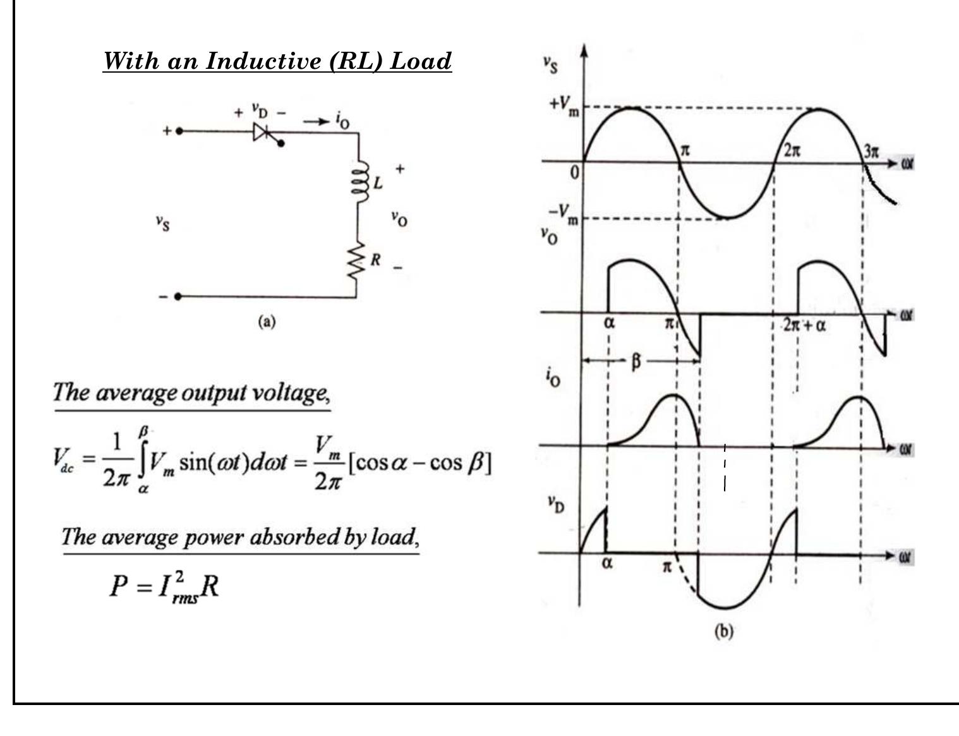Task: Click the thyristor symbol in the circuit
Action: [x=262, y=132]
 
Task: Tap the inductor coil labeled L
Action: [x=361, y=182]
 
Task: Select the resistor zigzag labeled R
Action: [x=356, y=260]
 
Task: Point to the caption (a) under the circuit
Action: [x=267, y=322]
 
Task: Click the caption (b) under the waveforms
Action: [x=723, y=631]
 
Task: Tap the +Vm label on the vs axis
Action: [x=564, y=105]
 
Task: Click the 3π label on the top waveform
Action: [x=871, y=151]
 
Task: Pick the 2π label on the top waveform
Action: [x=792, y=151]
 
